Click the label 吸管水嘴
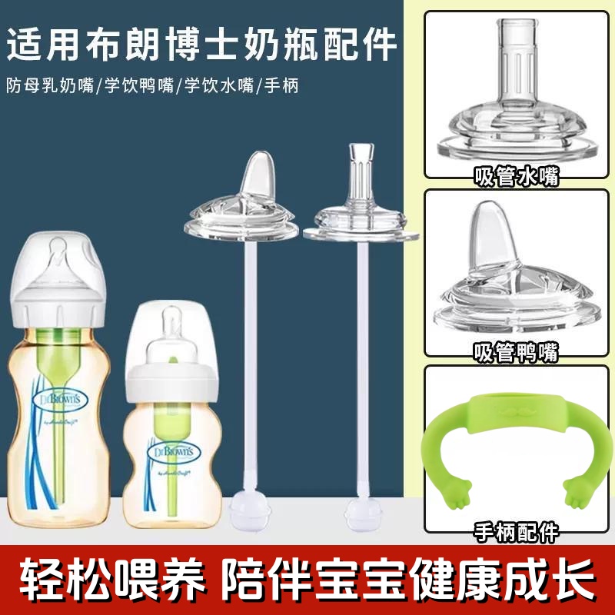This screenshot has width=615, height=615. [517, 178]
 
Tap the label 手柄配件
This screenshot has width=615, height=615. [517, 530]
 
